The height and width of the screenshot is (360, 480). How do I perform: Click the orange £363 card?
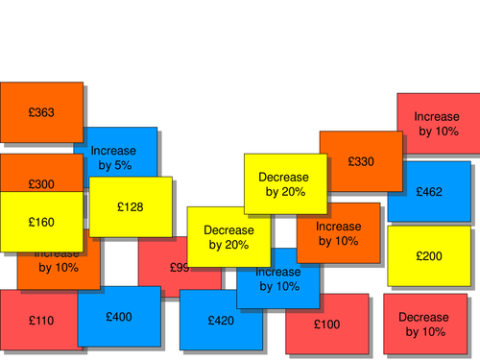point(41,112)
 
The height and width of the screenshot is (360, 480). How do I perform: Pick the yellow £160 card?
point(41,222)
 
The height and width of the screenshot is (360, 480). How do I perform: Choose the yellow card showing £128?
point(131,206)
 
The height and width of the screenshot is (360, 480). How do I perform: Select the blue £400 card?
point(119,316)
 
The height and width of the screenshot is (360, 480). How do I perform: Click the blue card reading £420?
point(220,321)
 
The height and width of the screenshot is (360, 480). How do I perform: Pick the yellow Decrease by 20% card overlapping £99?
point(228,237)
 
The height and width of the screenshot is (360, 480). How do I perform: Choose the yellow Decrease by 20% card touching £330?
point(283,183)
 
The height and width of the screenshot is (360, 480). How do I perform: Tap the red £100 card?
point(326,324)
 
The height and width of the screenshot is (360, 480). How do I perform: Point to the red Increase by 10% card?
point(437,123)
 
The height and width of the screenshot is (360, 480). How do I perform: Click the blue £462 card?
point(430,192)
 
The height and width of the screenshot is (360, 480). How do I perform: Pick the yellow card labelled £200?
point(429,256)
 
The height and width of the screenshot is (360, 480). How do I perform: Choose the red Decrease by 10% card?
point(423,324)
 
